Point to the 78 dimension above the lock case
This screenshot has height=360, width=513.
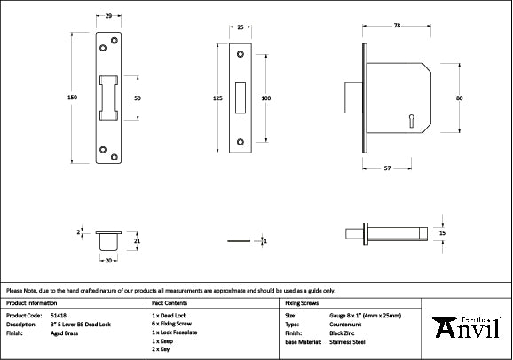click(x=397, y=27)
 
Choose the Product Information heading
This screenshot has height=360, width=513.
click(x=33, y=302)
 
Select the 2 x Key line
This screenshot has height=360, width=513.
click(x=162, y=348)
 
